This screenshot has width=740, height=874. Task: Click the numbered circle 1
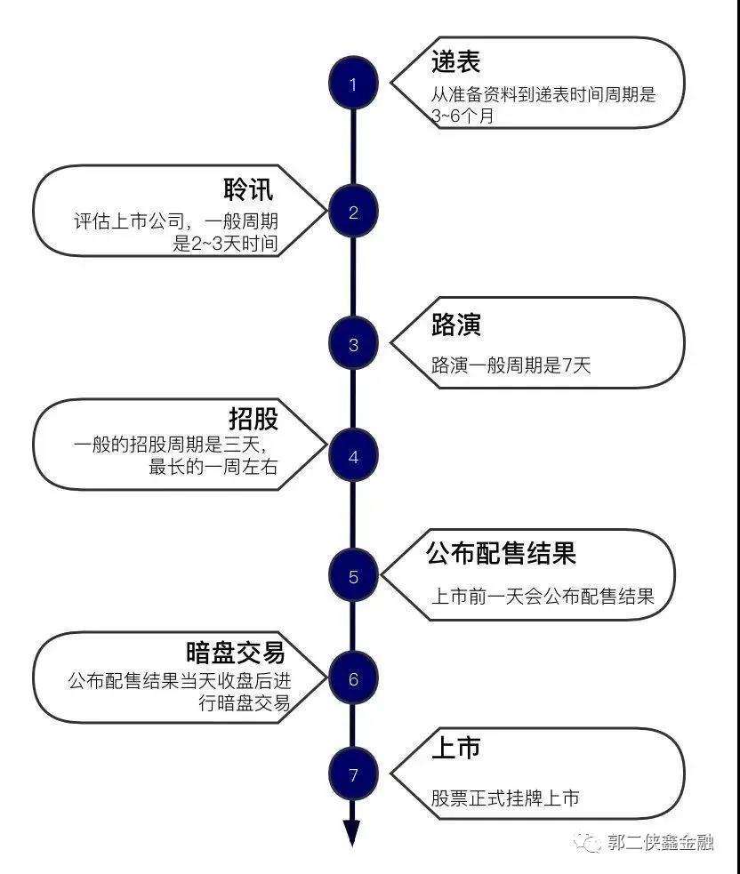coord(353,84)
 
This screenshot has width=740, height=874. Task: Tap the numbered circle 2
coord(353,212)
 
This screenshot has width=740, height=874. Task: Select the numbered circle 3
coord(353,343)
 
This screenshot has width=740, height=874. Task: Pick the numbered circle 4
coord(353,456)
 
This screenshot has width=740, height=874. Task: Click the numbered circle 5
coord(353,575)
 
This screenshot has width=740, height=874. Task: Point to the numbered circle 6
coord(353,678)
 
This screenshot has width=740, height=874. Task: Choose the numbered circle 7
coord(353,774)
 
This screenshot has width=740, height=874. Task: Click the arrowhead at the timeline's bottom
coord(352,833)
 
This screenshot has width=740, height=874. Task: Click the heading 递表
coord(455,61)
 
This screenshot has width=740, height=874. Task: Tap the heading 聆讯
coord(248,189)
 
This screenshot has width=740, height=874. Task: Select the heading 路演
coord(455,324)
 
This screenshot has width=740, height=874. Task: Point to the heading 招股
coord(253,419)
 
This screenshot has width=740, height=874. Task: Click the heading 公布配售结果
coord(501,553)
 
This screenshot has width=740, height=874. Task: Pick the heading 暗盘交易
coord(236,652)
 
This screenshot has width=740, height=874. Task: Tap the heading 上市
coord(455,748)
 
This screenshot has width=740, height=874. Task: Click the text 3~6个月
coord(462,116)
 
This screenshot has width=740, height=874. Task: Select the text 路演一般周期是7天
coord(511,365)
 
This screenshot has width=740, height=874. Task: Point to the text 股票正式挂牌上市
coord(505,798)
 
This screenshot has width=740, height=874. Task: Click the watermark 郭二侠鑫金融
coord(660,842)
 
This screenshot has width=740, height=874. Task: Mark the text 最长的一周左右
coord(213,466)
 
